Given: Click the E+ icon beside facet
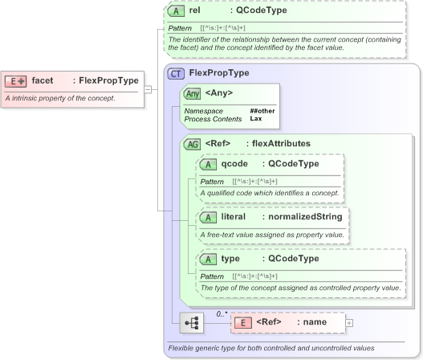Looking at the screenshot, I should [x=17, y=81].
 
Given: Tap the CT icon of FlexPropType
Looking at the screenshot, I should [x=176, y=73].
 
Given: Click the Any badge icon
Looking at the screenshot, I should [x=193, y=93].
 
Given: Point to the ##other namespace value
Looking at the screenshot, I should [x=261, y=111].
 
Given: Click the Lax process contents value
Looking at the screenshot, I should [x=256, y=119].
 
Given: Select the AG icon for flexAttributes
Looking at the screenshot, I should [x=193, y=144].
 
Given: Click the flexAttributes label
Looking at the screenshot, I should [x=281, y=144].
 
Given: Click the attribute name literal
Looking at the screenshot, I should [x=234, y=217].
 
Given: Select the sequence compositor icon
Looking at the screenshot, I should [x=193, y=323].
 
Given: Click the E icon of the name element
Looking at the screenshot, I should [x=243, y=322].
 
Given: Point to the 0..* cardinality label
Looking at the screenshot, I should [x=222, y=313].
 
